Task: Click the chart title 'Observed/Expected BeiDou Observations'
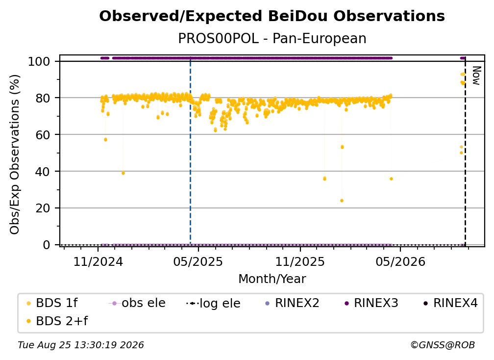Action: [x=272, y=16]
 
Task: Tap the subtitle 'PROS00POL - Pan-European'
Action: [x=272, y=38]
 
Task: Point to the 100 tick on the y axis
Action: [x=39, y=61]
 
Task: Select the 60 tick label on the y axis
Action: [x=43, y=134]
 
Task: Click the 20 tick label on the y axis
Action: [x=43, y=208]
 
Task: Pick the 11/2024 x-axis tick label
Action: [x=98, y=261]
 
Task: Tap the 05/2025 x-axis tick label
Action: [x=198, y=261]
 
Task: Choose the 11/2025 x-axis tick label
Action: [x=300, y=261]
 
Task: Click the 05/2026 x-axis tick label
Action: [x=400, y=261]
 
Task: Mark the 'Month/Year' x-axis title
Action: [x=272, y=279]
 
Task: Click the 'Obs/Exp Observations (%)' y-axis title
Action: [x=15, y=154]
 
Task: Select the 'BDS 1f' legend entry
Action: [x=52, y=303]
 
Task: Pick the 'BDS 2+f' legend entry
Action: [x=57, y=321]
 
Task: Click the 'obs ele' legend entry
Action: [x=137, y=303]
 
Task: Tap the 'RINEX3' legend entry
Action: [x=372, y=303]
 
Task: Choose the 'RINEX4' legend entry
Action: [x=451, y=303]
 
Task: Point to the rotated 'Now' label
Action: [x=476, y=76]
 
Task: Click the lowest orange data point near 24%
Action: [x=342, y=201]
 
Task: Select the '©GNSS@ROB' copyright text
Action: [x=443, y=345]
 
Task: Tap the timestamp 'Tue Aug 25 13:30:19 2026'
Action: [x=81, y=345]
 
